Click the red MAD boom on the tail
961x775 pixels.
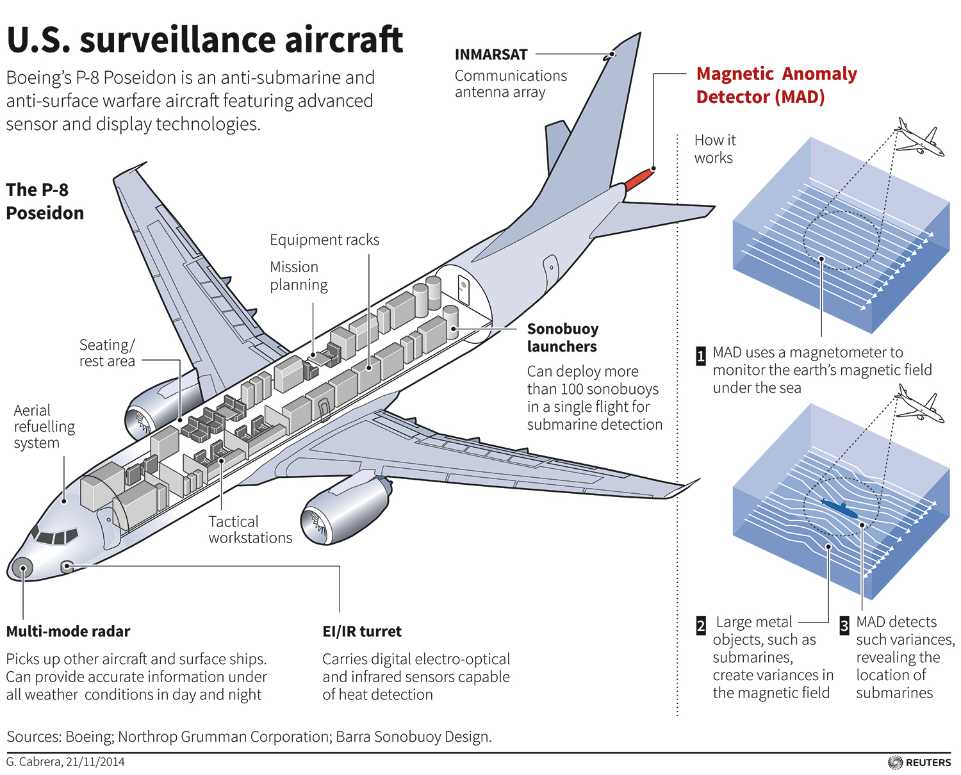coord(639,180)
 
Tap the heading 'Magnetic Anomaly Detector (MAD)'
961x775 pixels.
coord(776,85)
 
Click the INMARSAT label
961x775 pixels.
coord(491,54)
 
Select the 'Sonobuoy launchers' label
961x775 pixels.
coord(563,338)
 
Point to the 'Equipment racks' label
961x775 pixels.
coord(324,240)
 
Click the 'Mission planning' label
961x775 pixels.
coord(299,276)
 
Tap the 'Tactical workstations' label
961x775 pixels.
coord(250,530)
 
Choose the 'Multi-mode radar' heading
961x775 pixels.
coord(68,632)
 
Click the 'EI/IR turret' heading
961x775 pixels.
coord(362,632)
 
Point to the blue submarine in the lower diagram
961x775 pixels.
coord(839,509)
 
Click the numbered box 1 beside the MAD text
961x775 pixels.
coord(701,356)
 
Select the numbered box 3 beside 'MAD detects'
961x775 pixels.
coord(844,626)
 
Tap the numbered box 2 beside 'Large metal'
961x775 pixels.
coord(701,626)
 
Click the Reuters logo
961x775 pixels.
coord(920,762)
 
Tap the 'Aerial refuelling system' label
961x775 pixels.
coord(44,427)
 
